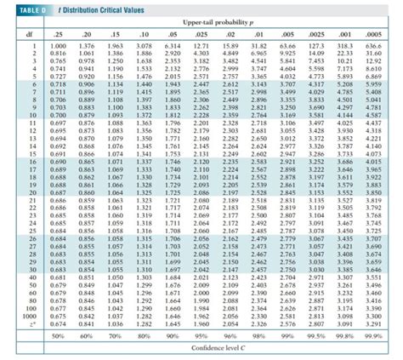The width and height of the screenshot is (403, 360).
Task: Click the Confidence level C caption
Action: click(x=213, y=348)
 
